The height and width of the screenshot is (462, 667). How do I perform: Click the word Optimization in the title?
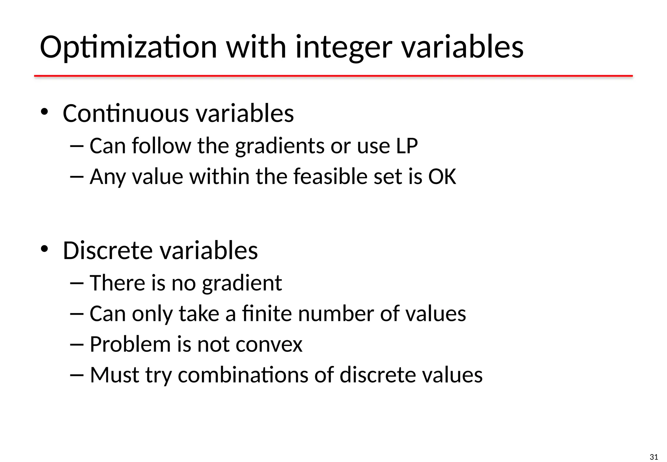[128, 48]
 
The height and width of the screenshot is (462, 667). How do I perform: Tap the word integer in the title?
[344, 48]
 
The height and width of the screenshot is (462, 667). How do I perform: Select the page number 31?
[654, 457]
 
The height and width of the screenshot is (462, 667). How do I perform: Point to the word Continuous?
[126, 113]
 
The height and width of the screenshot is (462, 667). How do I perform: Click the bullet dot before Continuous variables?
[44, 112]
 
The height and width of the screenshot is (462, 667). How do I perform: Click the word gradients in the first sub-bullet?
[280, 146]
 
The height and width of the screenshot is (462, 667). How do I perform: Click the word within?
[220, 177]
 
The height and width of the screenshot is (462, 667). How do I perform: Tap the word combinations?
[243, 375]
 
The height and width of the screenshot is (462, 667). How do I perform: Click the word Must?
[114, 375]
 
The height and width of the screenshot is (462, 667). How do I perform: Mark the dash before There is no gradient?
[77, 283]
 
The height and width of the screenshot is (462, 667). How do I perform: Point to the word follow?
[161, 146]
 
